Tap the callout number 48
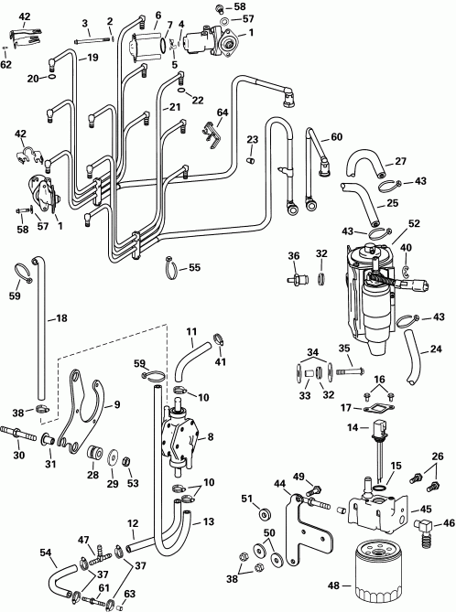coord(335,585)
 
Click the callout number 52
coord(414,222)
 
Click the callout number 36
coord(294,255)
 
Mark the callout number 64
coord(222,113)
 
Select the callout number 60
coord(336,137)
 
